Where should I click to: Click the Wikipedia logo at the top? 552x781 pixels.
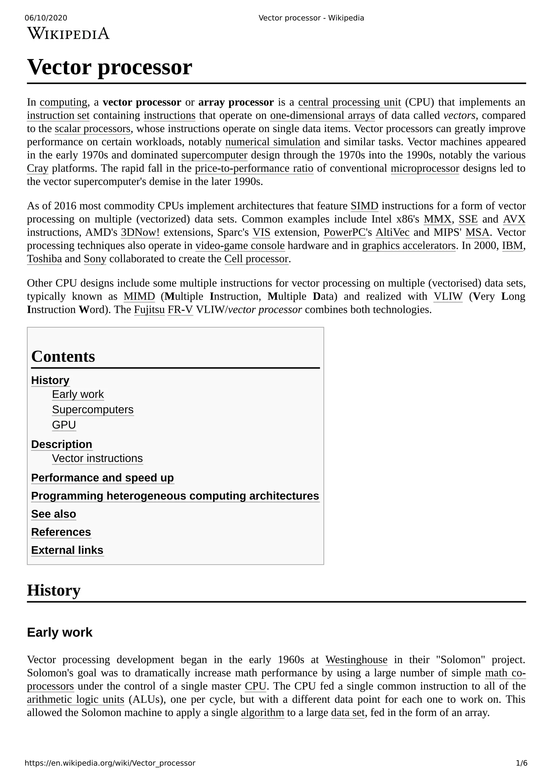[x=68, y=34]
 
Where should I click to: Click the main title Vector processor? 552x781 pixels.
[x=109, y=67]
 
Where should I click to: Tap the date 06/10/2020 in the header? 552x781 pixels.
[x=46, y=18]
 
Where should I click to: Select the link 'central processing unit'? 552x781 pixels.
[x=349, y=102]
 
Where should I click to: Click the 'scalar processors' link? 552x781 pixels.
[x=92, y=129]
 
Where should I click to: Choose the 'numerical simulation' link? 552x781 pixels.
[x=272, y=142]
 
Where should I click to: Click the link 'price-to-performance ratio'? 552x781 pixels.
[x=254, y=168]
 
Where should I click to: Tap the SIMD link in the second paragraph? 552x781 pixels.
[x=364, y=206]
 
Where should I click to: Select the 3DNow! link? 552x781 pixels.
[x=140, y=233]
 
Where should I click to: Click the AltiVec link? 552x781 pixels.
[x=392, y=233]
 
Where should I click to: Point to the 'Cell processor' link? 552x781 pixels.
[x=256, y=259]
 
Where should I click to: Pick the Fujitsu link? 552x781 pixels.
[x=149, y=310]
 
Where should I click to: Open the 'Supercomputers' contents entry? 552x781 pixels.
[x=92, y=410]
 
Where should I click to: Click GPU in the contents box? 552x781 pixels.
[x=64, y=425]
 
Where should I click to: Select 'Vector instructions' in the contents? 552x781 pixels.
[x=97, y=458]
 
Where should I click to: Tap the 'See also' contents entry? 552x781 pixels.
[x=53, y=514]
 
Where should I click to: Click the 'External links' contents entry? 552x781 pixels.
[x=67, y=550]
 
